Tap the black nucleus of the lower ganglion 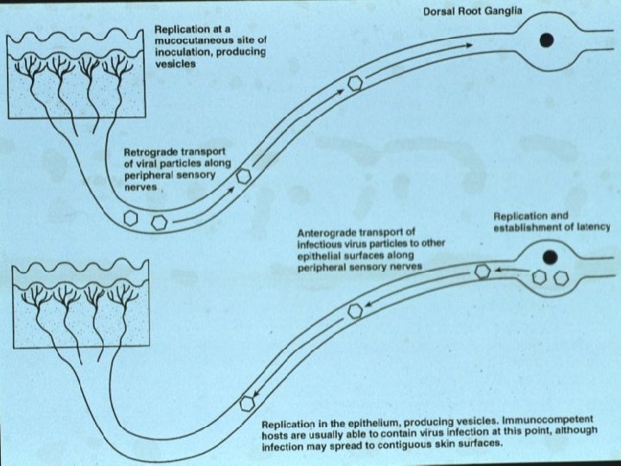[x=549, y=256]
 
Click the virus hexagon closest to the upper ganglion [x=354, y=84]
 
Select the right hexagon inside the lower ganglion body [x=560, y=279]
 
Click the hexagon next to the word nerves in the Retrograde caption [x=245, y=174]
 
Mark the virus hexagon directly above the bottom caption [x=248, y=402]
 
